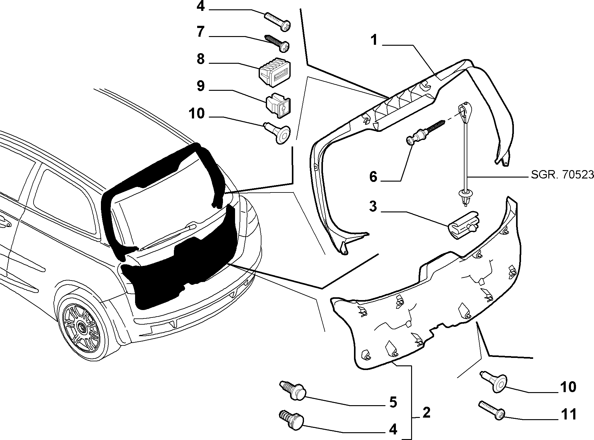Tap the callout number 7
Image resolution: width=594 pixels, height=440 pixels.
coord(201,32)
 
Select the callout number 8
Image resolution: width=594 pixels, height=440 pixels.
coord(201,59)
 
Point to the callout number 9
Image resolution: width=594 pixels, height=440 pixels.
coord(201,86)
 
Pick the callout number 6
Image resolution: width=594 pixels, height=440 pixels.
coord(373,177)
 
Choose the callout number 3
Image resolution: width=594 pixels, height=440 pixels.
coord(373,206)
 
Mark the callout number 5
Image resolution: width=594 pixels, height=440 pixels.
coord(393,402)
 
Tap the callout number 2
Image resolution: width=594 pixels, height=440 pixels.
coord(426,413)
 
